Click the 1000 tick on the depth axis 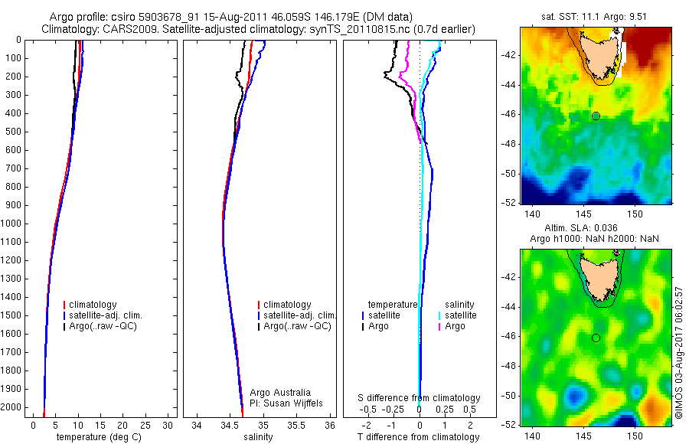(x=14, y=224)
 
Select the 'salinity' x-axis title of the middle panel (x=257, y=437)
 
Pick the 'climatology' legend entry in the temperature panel (x=94, y=305)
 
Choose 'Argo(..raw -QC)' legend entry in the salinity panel (x=297, y=326)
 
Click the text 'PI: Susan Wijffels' (x=286, y=403)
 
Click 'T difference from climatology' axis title (x=419, y=437)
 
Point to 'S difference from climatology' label (x=420, y=398)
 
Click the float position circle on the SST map (x=596, y=116)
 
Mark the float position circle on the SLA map (x=596, y=338)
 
